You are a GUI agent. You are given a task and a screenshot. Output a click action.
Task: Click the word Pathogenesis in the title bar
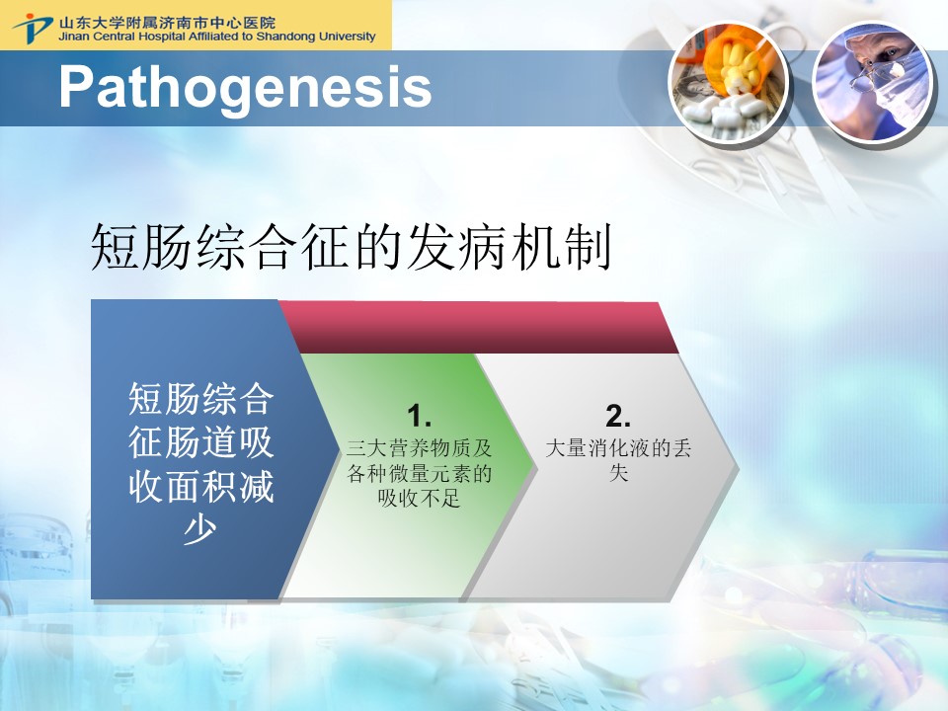pyautogui.click(x=245, y=88)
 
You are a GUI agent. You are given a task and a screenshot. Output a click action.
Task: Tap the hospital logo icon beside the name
pyautogui.click(x=32, y=28)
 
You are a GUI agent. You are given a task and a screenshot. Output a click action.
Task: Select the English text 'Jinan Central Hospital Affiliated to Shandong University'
pyautogui.click(x=217, y=37)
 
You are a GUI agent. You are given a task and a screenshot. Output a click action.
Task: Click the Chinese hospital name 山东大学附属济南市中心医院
pyautogui.click(x=167, y=23)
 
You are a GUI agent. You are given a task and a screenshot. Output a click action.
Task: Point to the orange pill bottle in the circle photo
pyautogui.click(x=733, y=60)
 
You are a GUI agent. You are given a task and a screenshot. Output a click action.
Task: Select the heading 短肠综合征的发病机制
pyautogui.click(x=352, y=247)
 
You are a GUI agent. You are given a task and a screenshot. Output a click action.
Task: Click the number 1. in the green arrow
pyautogui.click(x=419, y=416)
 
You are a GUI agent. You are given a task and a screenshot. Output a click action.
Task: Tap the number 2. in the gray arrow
pyautogui.click(x=618, y=416)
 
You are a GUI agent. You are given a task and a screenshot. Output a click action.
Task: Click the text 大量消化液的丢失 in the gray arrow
pyautogui.click(x=618, y=460)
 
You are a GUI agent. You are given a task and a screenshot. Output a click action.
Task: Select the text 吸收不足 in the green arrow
pyautogui.click(x=419, y=498)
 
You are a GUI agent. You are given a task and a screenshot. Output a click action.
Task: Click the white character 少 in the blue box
pyautogui.click(x=200, y=529)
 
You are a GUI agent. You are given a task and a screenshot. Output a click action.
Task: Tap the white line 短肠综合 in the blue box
pyautogui.click(x=200, y=399)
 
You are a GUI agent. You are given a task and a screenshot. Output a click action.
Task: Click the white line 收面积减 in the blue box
pyautogui.click(x=200, y=486)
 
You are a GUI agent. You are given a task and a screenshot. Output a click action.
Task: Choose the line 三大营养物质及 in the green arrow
pyautogui.click(x=419, y=448)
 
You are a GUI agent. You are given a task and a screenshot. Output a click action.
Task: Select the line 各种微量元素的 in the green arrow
pyautogui.click(x=419, y=473)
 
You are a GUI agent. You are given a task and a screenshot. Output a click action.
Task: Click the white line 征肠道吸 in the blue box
pyautogui.click(x=200, y=442)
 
